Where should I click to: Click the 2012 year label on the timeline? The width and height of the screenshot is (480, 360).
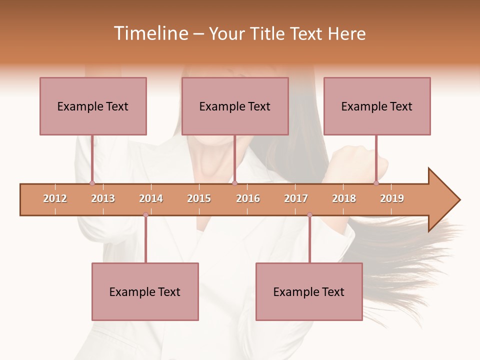(x=55, y=198)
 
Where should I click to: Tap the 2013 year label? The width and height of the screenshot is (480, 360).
(x=103, y=198)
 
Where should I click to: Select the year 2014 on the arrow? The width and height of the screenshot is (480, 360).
(x=151, y=198)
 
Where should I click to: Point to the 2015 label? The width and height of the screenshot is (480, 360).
(x=199, y=198)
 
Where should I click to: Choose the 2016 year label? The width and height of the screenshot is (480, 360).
(x=248, y=198)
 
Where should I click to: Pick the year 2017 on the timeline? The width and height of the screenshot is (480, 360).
(x=296, y=198)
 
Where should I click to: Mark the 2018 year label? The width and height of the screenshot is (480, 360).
(x=344, y=198)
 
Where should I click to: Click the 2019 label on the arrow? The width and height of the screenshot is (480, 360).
(x=392, y=198)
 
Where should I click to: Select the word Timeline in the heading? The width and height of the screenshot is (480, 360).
(x=150, y=33)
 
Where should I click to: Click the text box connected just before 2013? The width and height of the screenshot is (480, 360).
(x=93, y=106)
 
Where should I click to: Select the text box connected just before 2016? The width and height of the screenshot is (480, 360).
(x=235, y=106)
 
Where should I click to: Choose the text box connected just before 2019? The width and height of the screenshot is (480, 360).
(x=377, y=106)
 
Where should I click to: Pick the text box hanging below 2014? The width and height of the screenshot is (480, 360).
(x=145, y=291)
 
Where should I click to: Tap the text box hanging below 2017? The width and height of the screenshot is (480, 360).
(x=309, y=291)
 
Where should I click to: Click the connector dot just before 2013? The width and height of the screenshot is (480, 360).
(x=92, y=183)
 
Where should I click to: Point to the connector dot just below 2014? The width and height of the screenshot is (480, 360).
(x=145, y=215)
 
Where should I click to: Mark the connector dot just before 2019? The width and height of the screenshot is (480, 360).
(x=376, y=183)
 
